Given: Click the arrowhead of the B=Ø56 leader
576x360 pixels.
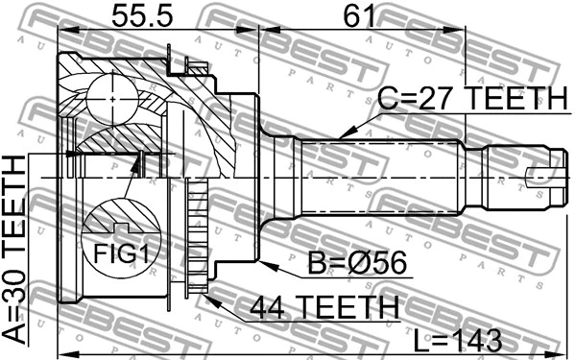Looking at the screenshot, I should (x=256, y=256).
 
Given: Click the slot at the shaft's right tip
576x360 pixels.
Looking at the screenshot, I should (x=544, y=175).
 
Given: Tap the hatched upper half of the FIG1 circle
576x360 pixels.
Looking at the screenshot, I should (x=116, y=217).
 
